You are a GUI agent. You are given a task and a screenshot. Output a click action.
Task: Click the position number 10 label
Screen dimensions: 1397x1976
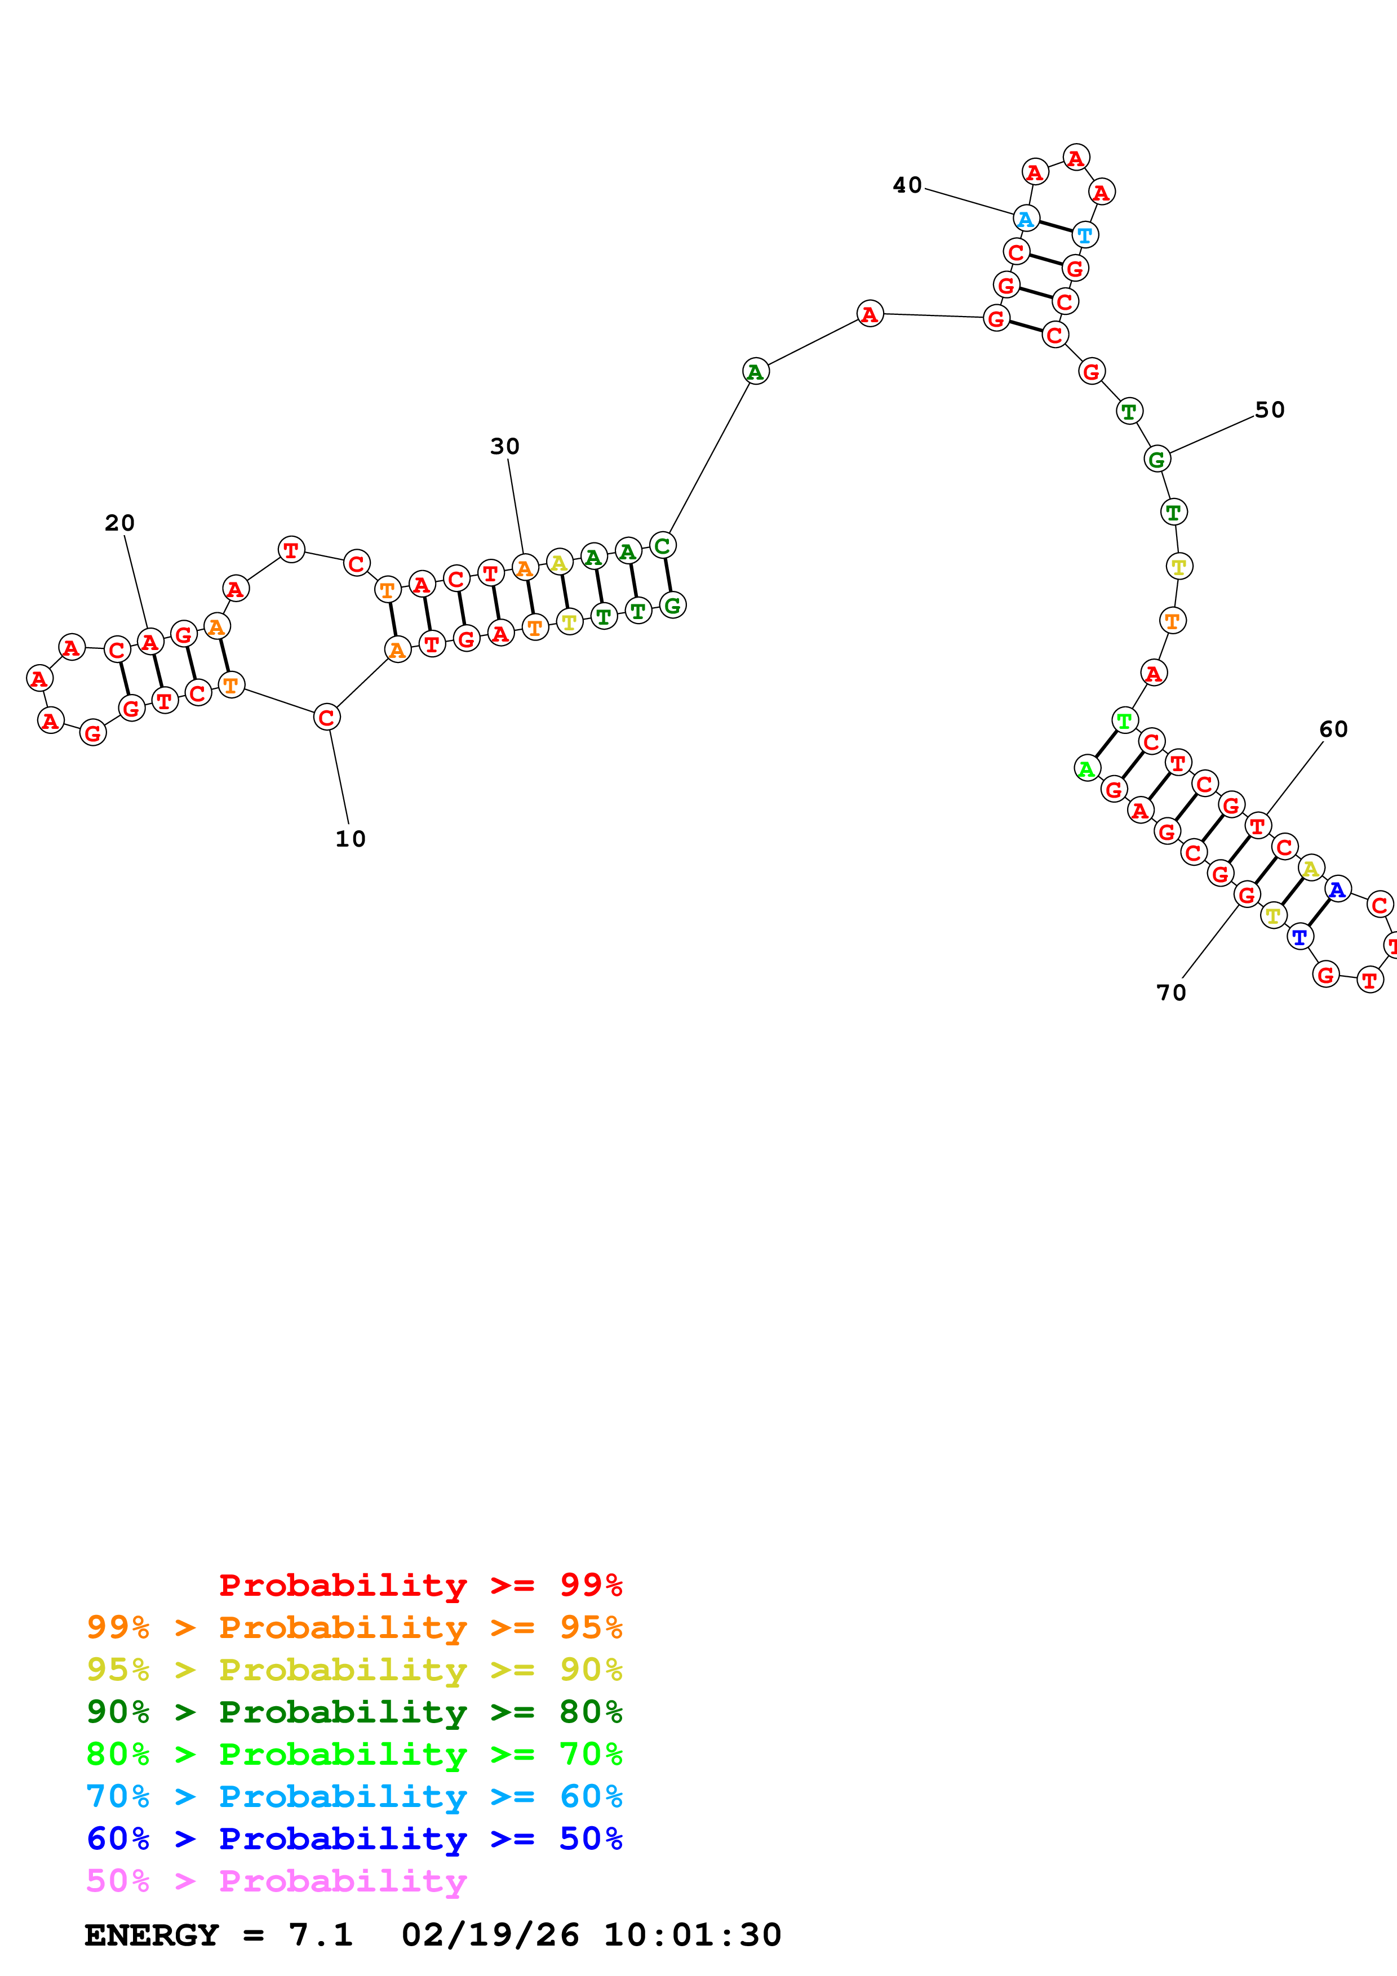coord(351,839)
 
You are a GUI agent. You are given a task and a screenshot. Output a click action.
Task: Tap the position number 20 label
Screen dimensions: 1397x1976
coord(119,523)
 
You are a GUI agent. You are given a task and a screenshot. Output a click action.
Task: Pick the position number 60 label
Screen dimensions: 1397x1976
coord(1333,729)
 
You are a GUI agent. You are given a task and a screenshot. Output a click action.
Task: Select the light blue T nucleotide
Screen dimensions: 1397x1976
coord(1085,234)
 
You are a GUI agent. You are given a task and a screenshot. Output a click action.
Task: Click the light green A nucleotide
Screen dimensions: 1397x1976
coord(1087,768)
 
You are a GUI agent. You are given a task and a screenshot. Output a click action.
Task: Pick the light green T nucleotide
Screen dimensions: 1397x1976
coord(1124,720)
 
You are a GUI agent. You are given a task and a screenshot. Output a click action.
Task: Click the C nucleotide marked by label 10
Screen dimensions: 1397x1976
coord(326,717)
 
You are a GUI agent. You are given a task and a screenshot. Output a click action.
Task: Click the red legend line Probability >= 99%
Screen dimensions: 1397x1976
coord(420,1585)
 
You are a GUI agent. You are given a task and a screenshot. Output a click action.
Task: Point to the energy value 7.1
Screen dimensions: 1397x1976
coord(320,1935)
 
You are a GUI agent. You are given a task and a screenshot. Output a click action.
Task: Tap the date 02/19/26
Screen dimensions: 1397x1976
coord(490,1935)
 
